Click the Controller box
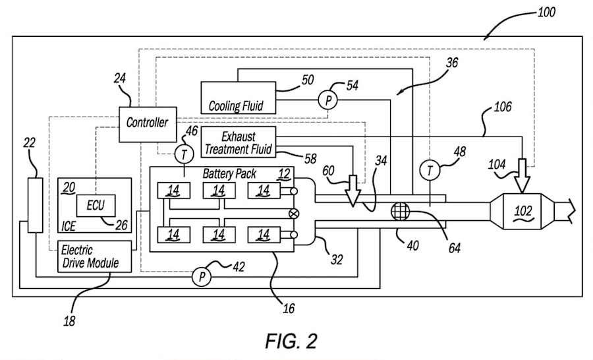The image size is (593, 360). pos(147,123)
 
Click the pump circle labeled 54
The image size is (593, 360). pos(327,100)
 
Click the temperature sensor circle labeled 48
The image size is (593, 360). pos(430,171)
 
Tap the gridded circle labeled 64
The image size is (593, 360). pos(400,213)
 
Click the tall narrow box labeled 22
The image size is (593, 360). pos(34,204)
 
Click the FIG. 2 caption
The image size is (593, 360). pos(291,341)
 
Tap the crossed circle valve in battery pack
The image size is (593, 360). pos(294,213)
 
